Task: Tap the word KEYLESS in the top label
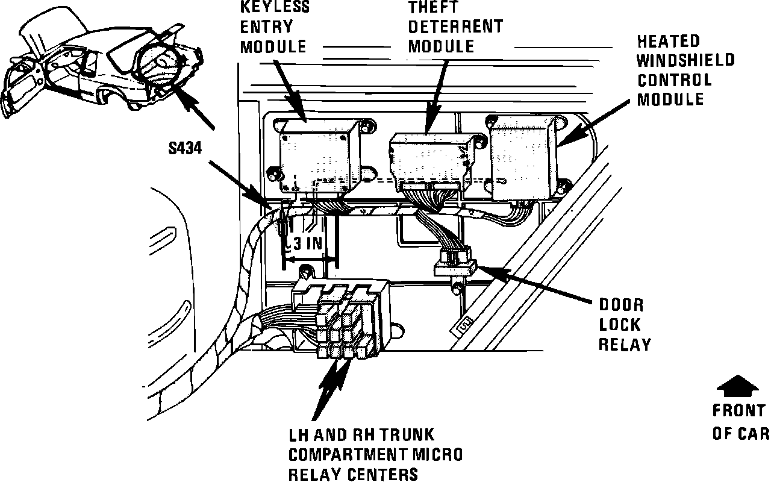point(275,8)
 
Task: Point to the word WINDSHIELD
point(686,60)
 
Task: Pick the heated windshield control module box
point(523,158)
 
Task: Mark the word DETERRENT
point(455,27)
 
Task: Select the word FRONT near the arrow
point(738,411)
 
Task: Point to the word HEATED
point(669,41)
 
